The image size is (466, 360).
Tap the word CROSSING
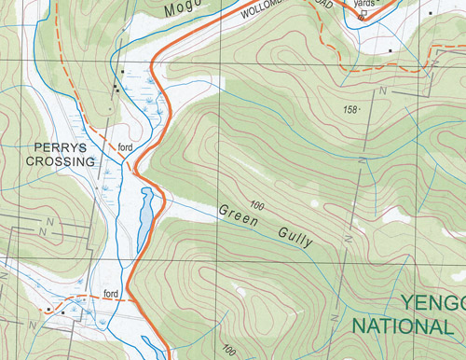click(61, 161)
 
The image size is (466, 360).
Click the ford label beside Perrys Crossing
click(125, 148)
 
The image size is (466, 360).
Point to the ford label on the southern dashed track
click(112, 295)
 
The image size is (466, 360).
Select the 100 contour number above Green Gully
click(257, 203)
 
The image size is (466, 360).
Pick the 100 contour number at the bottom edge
click(229, 352)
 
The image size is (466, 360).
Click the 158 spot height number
click(350, 110)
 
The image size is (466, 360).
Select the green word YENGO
click(432, 304)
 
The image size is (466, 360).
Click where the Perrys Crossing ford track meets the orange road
click(137, 169)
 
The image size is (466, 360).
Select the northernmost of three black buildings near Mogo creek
click(122, 71)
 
